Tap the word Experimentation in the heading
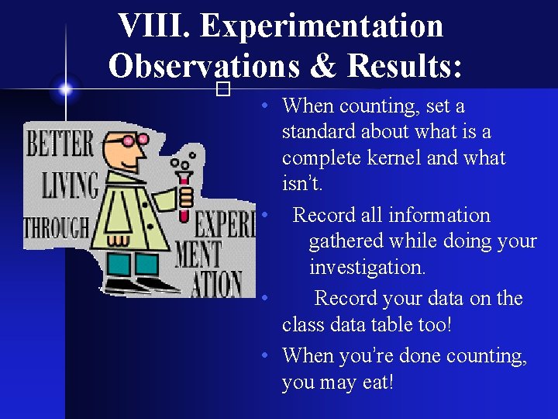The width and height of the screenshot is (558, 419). pyautogui.click(x=322, y=26)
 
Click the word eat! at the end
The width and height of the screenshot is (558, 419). pyautogui.click(x=371, y=382)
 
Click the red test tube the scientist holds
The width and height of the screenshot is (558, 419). pyautogui.click(x=184, y=196)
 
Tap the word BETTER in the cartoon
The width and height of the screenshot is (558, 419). pyautogui.click(x=60, y=144)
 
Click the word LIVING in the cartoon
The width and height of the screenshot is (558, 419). pyautogui.click(x=71, y=185)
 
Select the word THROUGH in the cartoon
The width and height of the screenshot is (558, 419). pyautogui.click(x=57, y=228)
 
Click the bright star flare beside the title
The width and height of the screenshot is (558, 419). pyautogui.click(x=66, y=89)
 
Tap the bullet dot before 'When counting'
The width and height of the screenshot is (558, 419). pyautogui.click(x=265, y=106)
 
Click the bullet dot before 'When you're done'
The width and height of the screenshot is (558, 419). pyautogui.click(x=265, y=356)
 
